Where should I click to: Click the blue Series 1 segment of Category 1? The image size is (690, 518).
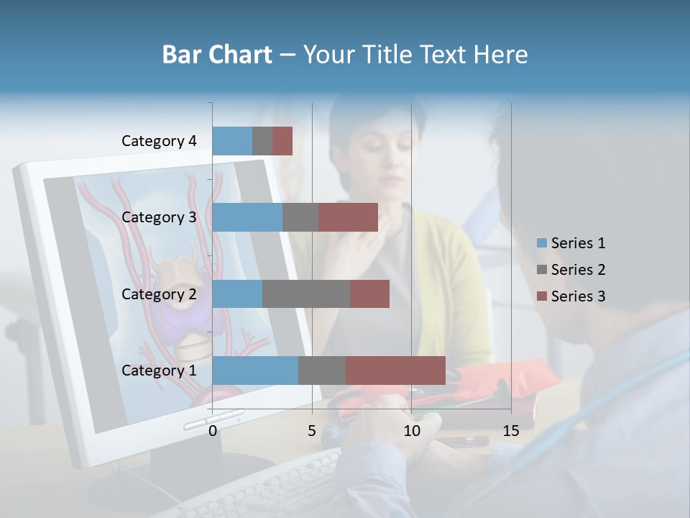click(x=255, y=370)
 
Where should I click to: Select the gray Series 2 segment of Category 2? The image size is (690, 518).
click(x=306, y=294)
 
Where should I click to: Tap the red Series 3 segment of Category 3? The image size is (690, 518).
click(x=348, y=217)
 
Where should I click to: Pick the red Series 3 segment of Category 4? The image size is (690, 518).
click(x=282, y=141)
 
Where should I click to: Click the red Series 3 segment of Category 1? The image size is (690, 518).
click(x=395, y=370)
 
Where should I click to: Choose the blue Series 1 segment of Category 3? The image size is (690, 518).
click(x=247, y=217)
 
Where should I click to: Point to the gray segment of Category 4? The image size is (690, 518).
click(x=262, y=141)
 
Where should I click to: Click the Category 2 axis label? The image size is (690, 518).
click(x=159, y=294)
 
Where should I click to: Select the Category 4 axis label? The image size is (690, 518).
click(x=159, y=141)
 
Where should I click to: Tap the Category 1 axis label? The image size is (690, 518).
click(x=159, y=371)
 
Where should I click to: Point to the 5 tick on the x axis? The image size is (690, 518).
click(x=312, y=431)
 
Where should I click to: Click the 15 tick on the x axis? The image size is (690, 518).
click(x=511, y=431)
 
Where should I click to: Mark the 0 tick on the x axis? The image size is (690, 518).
click(x=213, y=431)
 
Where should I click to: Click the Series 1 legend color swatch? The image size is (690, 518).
click(x=542, y=243)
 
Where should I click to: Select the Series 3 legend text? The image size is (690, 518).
click(x=578, y=296)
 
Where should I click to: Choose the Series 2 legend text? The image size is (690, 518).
click(x=578, y=270)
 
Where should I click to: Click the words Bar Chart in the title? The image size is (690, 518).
click(x=216, y=55)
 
